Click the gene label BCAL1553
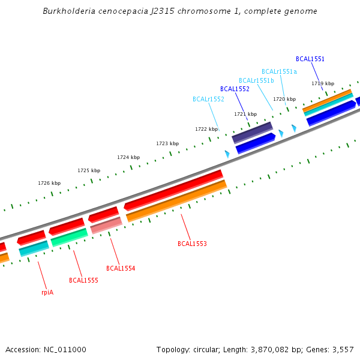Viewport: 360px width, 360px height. pyautogui.click(x=192, y=244)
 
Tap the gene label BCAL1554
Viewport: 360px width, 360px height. pyautogui.click(x=121, y=268)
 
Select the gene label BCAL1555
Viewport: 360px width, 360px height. pyautogui.click(x=83, y=280)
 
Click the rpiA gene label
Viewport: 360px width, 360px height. pyautogui.click(x=47, y=293)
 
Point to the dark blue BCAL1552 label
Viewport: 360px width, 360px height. pyautogui.click(x=235, y=89)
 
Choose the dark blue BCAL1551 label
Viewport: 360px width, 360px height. pyautogui.click(x=310, y=59)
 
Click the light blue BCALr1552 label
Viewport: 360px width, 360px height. pyautogui.click(x=208, y=99)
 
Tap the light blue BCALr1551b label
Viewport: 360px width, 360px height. pyautogui.click(x=256, y=80)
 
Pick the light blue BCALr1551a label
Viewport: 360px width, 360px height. pyautogui.click(x=279, y=71)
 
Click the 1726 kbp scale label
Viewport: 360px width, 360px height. pyautogui.click(x=49, y=183)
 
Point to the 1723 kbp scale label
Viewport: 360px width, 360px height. pyautogui.click(x=167, y=143)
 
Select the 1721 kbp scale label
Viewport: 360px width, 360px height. pyautogui.click(x=245, y=114)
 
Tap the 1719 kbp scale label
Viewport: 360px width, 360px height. pyautogui.click(x=323, y=83)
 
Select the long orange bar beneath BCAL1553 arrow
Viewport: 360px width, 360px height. pyautogui.click(x=177, y=200)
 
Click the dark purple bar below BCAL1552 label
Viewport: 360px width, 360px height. pyautogui.click(x=253, y=133)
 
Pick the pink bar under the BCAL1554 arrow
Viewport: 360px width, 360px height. pyautogui.click(x=106, y=225)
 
